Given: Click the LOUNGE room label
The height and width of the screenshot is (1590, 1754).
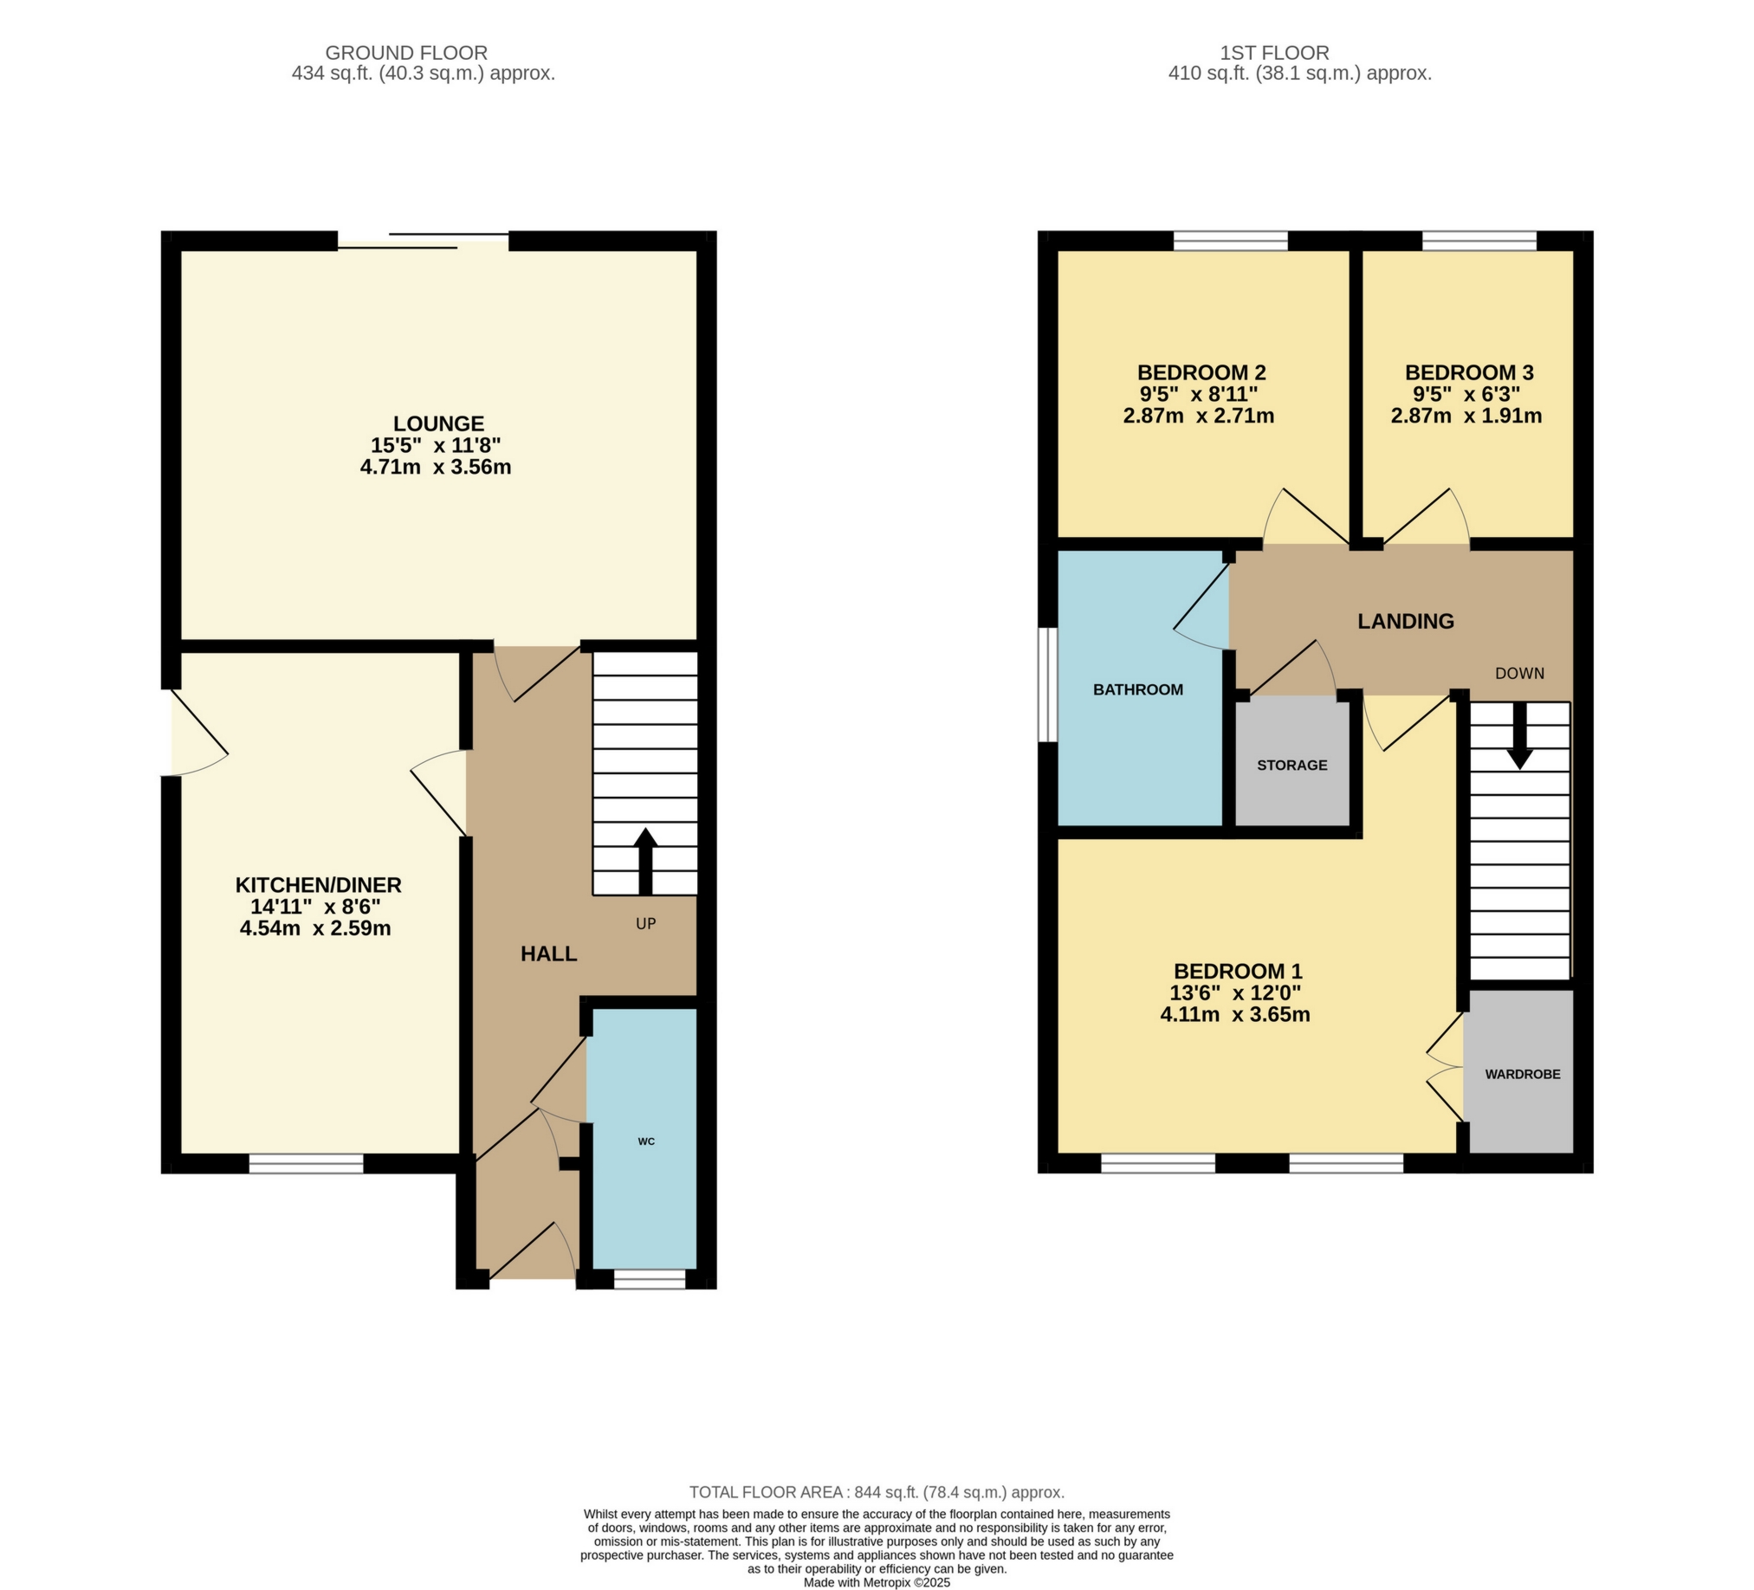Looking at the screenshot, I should click(438, 423).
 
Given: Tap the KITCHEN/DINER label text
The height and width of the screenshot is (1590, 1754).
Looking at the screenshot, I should click(319, 885).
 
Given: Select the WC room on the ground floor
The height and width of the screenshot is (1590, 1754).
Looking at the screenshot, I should click(644, 1141).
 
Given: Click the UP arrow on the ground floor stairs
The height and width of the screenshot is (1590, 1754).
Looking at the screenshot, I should click(644, 861).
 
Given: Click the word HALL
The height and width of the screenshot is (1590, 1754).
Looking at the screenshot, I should click(548, 954).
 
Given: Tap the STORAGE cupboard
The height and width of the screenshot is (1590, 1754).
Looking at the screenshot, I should click(1292, 766).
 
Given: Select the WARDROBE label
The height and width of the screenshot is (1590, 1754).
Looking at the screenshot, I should click(1522, 1074).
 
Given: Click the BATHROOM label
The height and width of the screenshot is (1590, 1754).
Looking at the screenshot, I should click(1138, 689).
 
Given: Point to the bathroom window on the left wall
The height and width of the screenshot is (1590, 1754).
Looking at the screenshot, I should click(1047, 684).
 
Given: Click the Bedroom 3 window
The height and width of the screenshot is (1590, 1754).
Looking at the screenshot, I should click(1479, 240).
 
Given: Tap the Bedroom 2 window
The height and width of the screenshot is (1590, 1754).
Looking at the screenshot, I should click(1230, 240).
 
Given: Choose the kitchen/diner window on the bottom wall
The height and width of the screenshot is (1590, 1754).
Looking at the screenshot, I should click(307, 1163).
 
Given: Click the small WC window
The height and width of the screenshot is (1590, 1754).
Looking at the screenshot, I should click(649, 1278).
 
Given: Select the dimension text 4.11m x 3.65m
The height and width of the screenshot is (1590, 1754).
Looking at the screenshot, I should click(1234, 1014).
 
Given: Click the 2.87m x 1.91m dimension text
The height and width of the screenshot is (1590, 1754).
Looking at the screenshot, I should click(1466, 416).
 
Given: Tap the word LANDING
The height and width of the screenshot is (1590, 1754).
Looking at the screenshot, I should click(1406, 621).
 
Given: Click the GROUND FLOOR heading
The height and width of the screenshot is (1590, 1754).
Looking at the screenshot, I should click(406, 53).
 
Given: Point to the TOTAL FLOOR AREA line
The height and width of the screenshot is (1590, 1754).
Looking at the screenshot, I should click(876, 1493).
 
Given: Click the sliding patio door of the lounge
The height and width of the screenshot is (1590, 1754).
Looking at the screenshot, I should click(424, 241).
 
